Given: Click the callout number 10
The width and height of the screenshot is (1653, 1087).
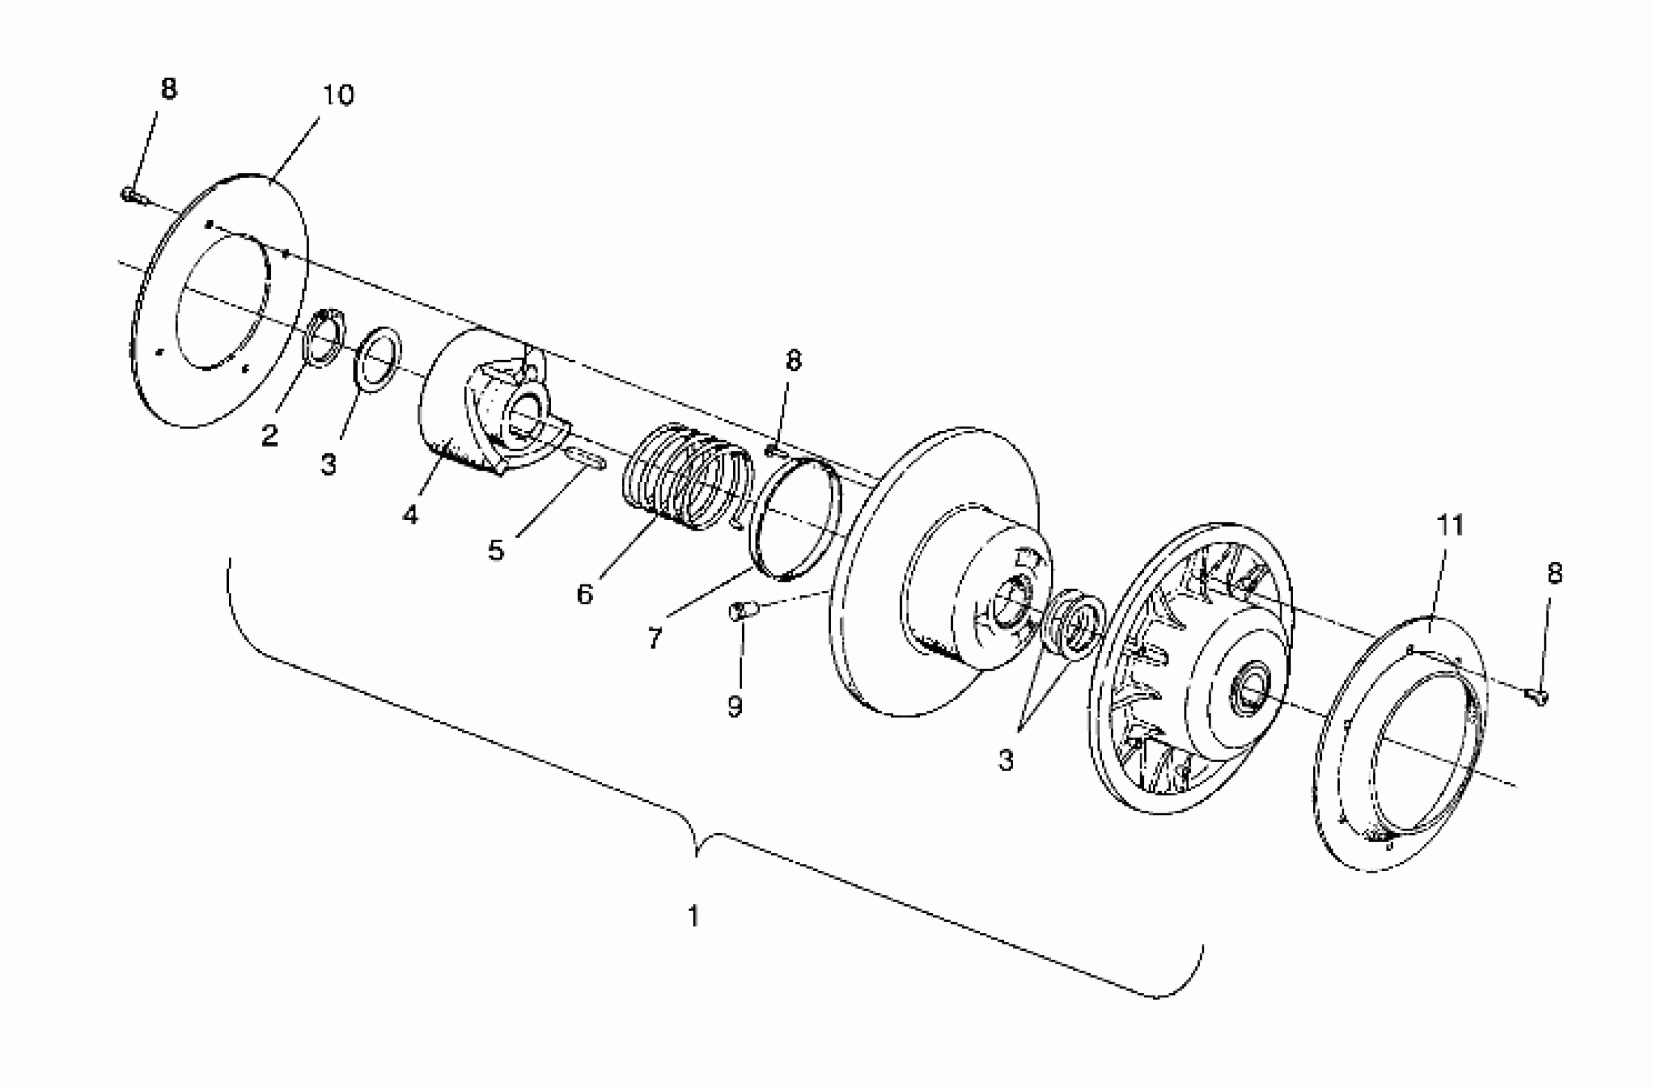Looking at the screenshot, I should click(x=338, y=95).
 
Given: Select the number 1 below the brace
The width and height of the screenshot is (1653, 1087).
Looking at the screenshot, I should click(x=693, y=916).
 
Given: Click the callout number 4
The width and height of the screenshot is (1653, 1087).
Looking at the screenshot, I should click(x=410, y=515).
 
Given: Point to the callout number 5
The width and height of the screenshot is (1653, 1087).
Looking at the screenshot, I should click(x=495, y=550).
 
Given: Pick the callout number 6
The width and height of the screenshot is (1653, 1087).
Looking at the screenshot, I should click(x=585, y=594).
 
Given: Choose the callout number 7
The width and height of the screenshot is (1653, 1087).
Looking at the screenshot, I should click(x=655, y=637).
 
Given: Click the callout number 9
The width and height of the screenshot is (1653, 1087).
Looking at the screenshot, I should click(x=735, y=707).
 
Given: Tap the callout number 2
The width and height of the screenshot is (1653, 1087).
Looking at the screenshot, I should click(x=270, y=435).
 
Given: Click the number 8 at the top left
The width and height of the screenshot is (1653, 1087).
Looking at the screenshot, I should click(x=169, y=89).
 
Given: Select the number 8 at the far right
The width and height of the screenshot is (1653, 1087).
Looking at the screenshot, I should click(x=1555, y=573).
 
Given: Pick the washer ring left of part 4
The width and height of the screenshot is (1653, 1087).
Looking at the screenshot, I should click(x=378, y=360).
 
